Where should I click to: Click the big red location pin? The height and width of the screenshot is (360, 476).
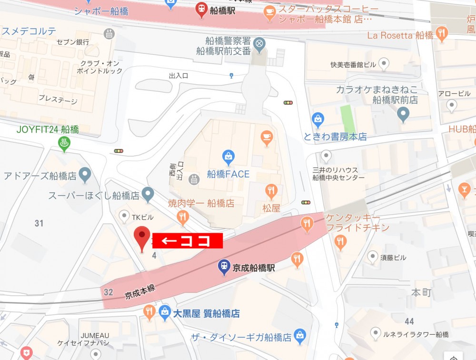tap(141, 238)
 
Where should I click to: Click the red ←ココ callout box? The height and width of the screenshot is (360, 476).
tap(188, 241)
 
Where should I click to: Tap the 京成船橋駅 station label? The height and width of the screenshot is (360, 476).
tap(254, 268)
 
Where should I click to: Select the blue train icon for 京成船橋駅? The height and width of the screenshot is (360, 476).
tap(224, 267)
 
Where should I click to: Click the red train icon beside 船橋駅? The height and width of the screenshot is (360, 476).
tap(201, 9)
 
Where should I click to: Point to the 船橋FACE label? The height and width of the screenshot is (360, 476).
tap(228, 174)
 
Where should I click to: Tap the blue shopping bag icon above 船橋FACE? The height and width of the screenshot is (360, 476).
tap(228, 156)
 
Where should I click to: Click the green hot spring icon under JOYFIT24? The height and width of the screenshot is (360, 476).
tap(63, 142)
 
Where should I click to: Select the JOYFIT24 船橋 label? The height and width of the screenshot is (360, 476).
tap(48, 130)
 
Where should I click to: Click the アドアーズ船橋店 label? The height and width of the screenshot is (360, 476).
tap(40, 176)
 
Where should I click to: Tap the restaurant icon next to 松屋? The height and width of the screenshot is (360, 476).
tap(271, 191)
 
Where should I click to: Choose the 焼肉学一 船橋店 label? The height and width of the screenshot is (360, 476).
tap(201, 203)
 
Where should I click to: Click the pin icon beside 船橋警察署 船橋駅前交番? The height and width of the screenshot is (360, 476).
tap(259, 44)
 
